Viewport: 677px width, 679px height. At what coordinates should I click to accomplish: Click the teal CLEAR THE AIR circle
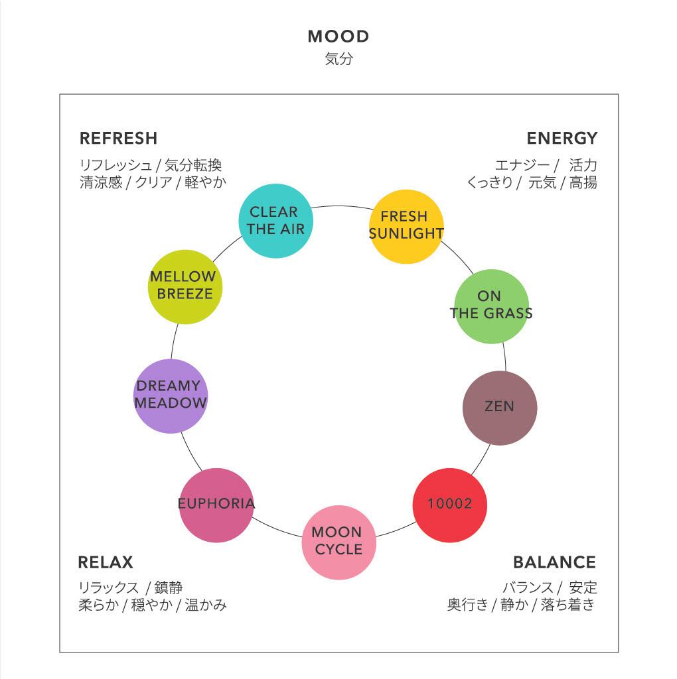[275, 221]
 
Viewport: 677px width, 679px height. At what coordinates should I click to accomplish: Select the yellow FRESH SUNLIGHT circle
[406, 226]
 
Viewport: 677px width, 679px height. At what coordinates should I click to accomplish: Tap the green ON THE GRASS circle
[491, 306]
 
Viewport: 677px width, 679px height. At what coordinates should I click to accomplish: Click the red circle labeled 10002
[450, 505]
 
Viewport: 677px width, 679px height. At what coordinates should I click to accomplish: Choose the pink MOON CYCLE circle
[338, 542]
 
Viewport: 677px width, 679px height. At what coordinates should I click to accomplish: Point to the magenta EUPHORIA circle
[216, 505]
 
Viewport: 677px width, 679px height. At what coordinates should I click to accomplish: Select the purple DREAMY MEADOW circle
[171, 396]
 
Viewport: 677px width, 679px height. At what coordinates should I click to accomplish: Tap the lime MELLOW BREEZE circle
[185, 286]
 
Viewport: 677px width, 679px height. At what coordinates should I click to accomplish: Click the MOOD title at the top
[338, 36]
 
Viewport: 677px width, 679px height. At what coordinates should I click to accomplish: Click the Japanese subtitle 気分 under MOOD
[338, 59]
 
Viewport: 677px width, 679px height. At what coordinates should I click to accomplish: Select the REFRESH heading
[118, 139]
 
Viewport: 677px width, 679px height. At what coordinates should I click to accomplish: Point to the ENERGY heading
[562, 139]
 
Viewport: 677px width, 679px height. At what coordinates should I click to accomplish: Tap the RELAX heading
[106, 563]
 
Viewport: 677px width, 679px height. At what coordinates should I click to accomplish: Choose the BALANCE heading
[554, 563]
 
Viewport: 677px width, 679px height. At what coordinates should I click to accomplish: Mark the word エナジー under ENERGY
[522, 165]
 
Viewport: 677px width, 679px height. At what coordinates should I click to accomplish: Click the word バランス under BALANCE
[528, 587]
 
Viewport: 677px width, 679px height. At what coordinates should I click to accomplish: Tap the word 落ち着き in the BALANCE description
[568, 605]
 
